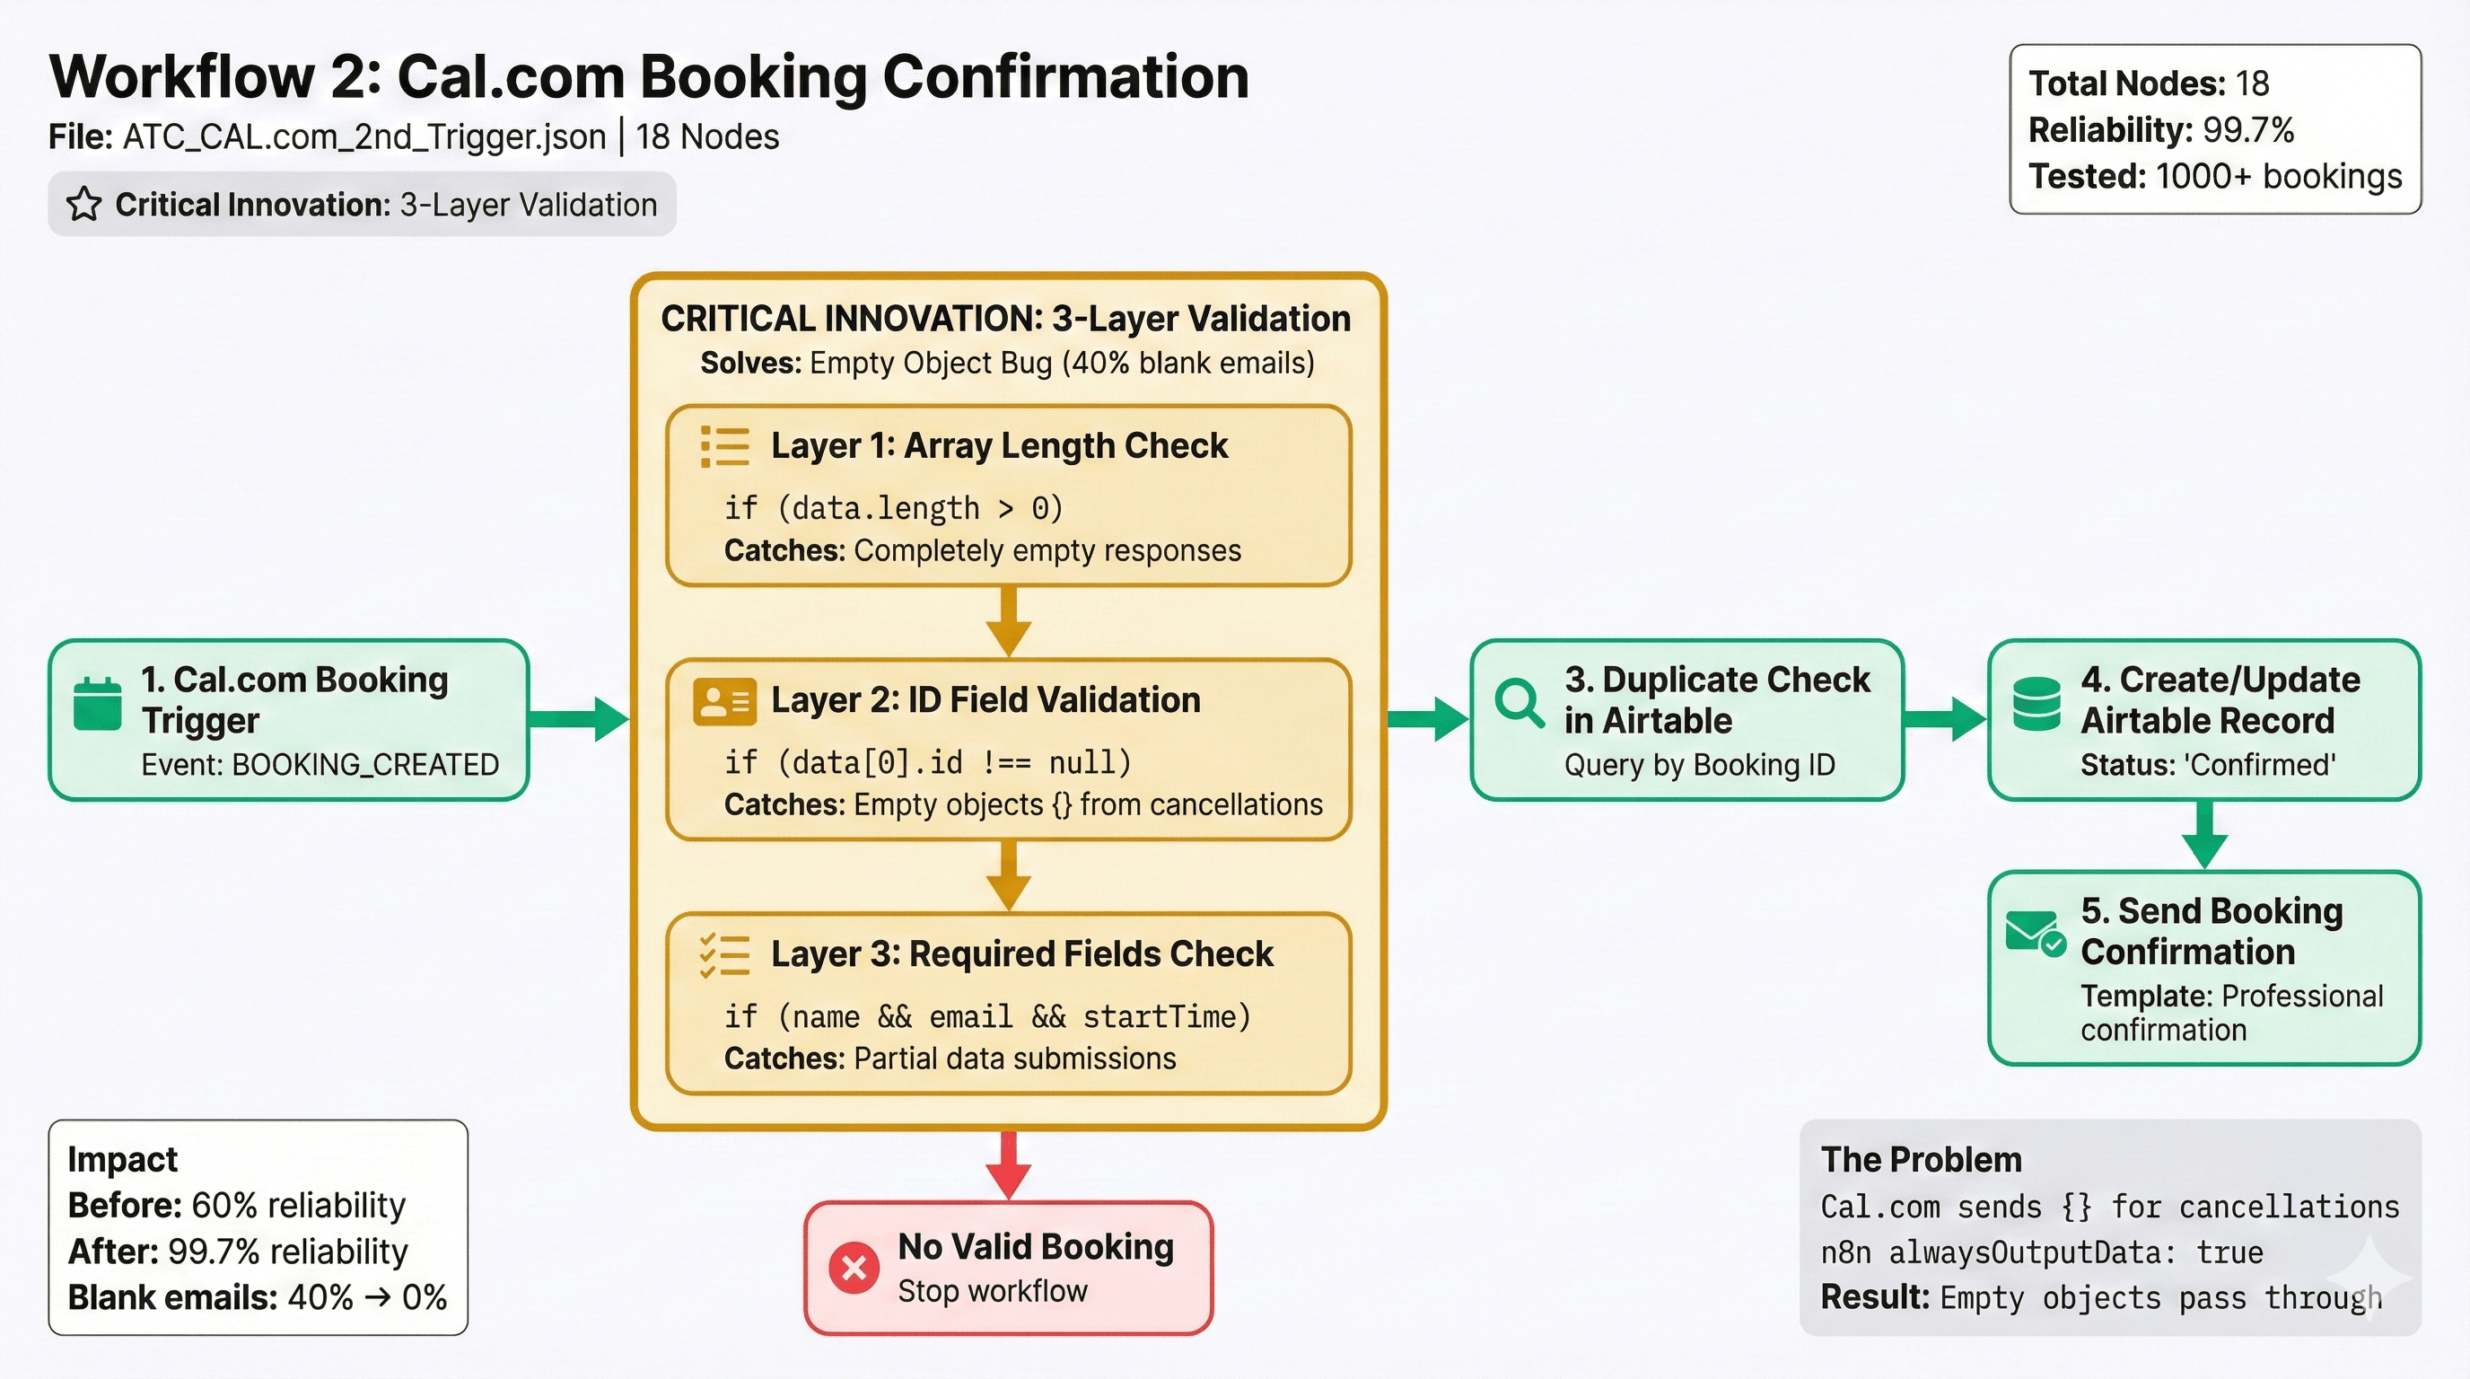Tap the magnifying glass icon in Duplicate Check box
click(1519, 702)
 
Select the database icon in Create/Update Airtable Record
click(2036, 704)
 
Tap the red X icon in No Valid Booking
click(854, 1268)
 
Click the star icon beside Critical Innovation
click(84, 205)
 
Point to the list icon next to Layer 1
click(725, 447)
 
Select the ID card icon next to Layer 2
click(724, 701)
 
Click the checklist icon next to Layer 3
click(725, 955)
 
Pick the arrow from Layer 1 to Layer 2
click(1008, 621)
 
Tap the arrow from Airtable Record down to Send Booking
click(2204, 834)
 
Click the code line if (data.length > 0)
click(894, 507)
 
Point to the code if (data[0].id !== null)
click(927, 762)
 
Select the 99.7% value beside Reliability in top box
click(2247, 129)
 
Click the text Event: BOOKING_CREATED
click(320, 764)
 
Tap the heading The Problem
click(1921, 1159)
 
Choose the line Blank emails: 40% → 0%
click(257, 1296)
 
